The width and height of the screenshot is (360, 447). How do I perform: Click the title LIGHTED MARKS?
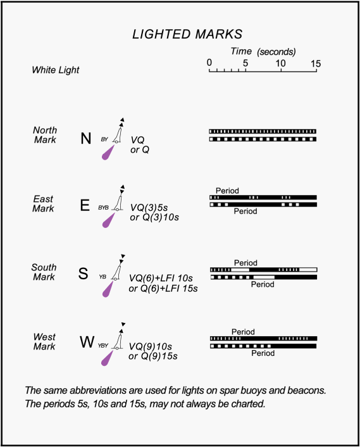(187, 34)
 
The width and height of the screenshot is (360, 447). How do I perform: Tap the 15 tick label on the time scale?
(316, 63)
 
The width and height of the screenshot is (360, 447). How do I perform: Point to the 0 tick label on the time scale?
(209, 63)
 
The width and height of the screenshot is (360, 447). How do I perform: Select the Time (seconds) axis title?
(263, 51)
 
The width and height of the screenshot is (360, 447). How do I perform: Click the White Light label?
(56, 70)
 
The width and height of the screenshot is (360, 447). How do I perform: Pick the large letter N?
(85, 139)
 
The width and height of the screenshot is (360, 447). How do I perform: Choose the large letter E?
(85, 205)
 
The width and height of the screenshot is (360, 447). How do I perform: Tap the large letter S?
(83, 273)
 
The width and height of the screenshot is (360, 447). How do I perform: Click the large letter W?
(87, 341)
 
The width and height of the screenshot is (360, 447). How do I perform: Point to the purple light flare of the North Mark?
(108, 153)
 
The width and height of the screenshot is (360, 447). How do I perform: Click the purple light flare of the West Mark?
(107, 358)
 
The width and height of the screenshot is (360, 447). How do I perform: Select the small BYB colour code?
(103, 208)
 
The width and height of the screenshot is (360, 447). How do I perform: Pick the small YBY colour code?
(103, 346)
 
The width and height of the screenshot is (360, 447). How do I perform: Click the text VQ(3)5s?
(149, 208)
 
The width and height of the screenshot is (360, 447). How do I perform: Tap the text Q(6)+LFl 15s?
(166, 289)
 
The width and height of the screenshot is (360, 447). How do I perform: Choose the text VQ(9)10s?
(151, 346)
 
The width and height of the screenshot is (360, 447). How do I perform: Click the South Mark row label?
(44, 272)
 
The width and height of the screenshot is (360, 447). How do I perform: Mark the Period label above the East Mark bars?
(227, 191)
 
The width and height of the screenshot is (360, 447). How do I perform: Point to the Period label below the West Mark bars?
(263, 353)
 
